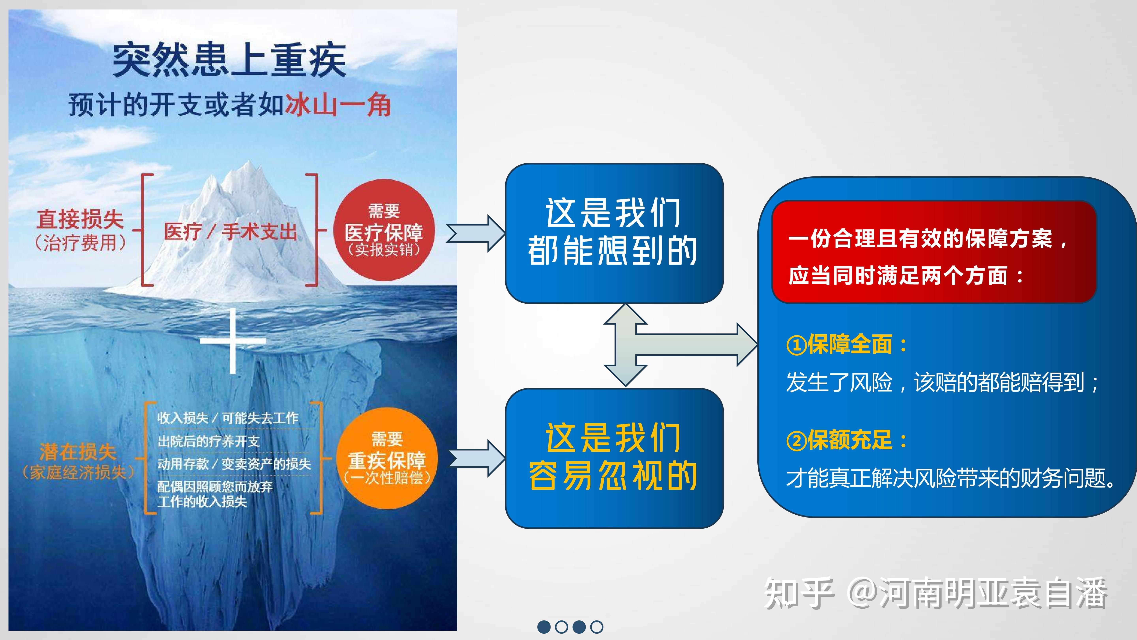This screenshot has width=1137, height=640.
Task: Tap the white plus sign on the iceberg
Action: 233,341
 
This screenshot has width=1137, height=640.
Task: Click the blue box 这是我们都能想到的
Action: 614,233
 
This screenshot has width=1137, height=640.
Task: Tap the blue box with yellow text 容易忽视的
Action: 614,458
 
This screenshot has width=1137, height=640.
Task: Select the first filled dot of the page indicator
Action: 544,627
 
